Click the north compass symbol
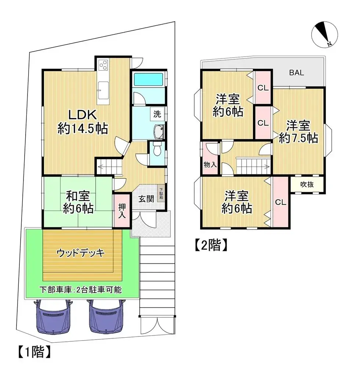pos(324,36)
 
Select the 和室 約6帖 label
pos(77,202)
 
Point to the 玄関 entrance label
pos(146,200)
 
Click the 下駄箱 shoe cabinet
pos(161,193)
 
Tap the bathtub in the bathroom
pos(149,80)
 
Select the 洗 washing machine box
pos(157,114)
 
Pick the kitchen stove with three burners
pos(103,65)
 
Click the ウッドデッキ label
pos(81,253)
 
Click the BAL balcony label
pos(296,73)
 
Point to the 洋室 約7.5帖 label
pos(298,132)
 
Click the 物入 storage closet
pos(210,165)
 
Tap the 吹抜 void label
pos(307,185)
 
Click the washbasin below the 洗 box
pos(159,132)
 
